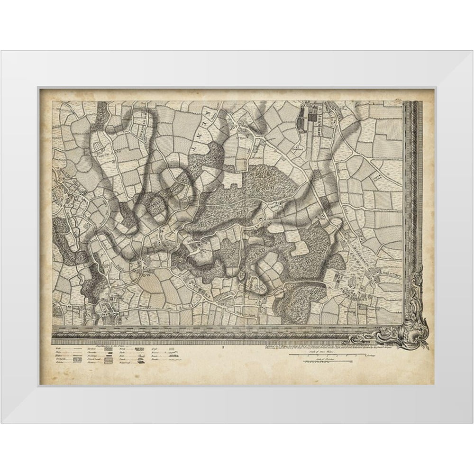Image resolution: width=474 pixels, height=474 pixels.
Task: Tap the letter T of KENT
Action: coord(194,148)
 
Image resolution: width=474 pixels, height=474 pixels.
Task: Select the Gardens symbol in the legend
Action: coord(105,351)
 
